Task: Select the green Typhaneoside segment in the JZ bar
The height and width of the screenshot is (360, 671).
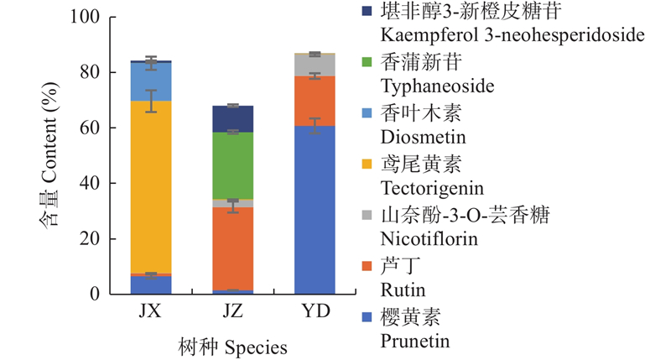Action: click(233, 165)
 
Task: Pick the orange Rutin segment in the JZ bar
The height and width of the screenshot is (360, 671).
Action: click(233, 248)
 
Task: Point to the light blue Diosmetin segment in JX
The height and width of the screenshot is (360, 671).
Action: click(151, 81)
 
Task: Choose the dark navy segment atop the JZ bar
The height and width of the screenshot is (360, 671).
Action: click(233, 119)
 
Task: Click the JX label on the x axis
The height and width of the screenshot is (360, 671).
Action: click(151, 312)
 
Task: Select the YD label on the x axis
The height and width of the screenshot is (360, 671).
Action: click(315, 312)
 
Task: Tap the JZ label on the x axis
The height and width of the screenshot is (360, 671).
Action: click(233, 312)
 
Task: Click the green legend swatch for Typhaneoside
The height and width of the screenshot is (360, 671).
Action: click(367, 62)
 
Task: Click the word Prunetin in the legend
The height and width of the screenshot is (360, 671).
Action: click(415, 341)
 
